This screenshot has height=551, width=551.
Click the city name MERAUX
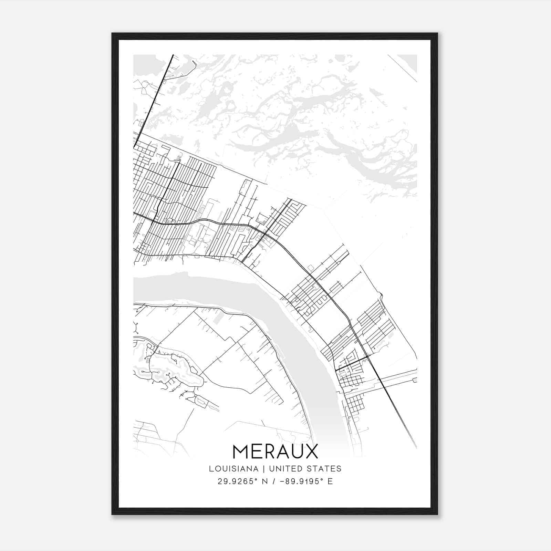coord(275,451)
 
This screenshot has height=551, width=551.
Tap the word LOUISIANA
coord(233,469)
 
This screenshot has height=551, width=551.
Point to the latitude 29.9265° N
coord(242,481)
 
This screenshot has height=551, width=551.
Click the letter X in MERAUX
coord(311,451)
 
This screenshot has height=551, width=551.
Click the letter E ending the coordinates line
coord(330,481)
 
